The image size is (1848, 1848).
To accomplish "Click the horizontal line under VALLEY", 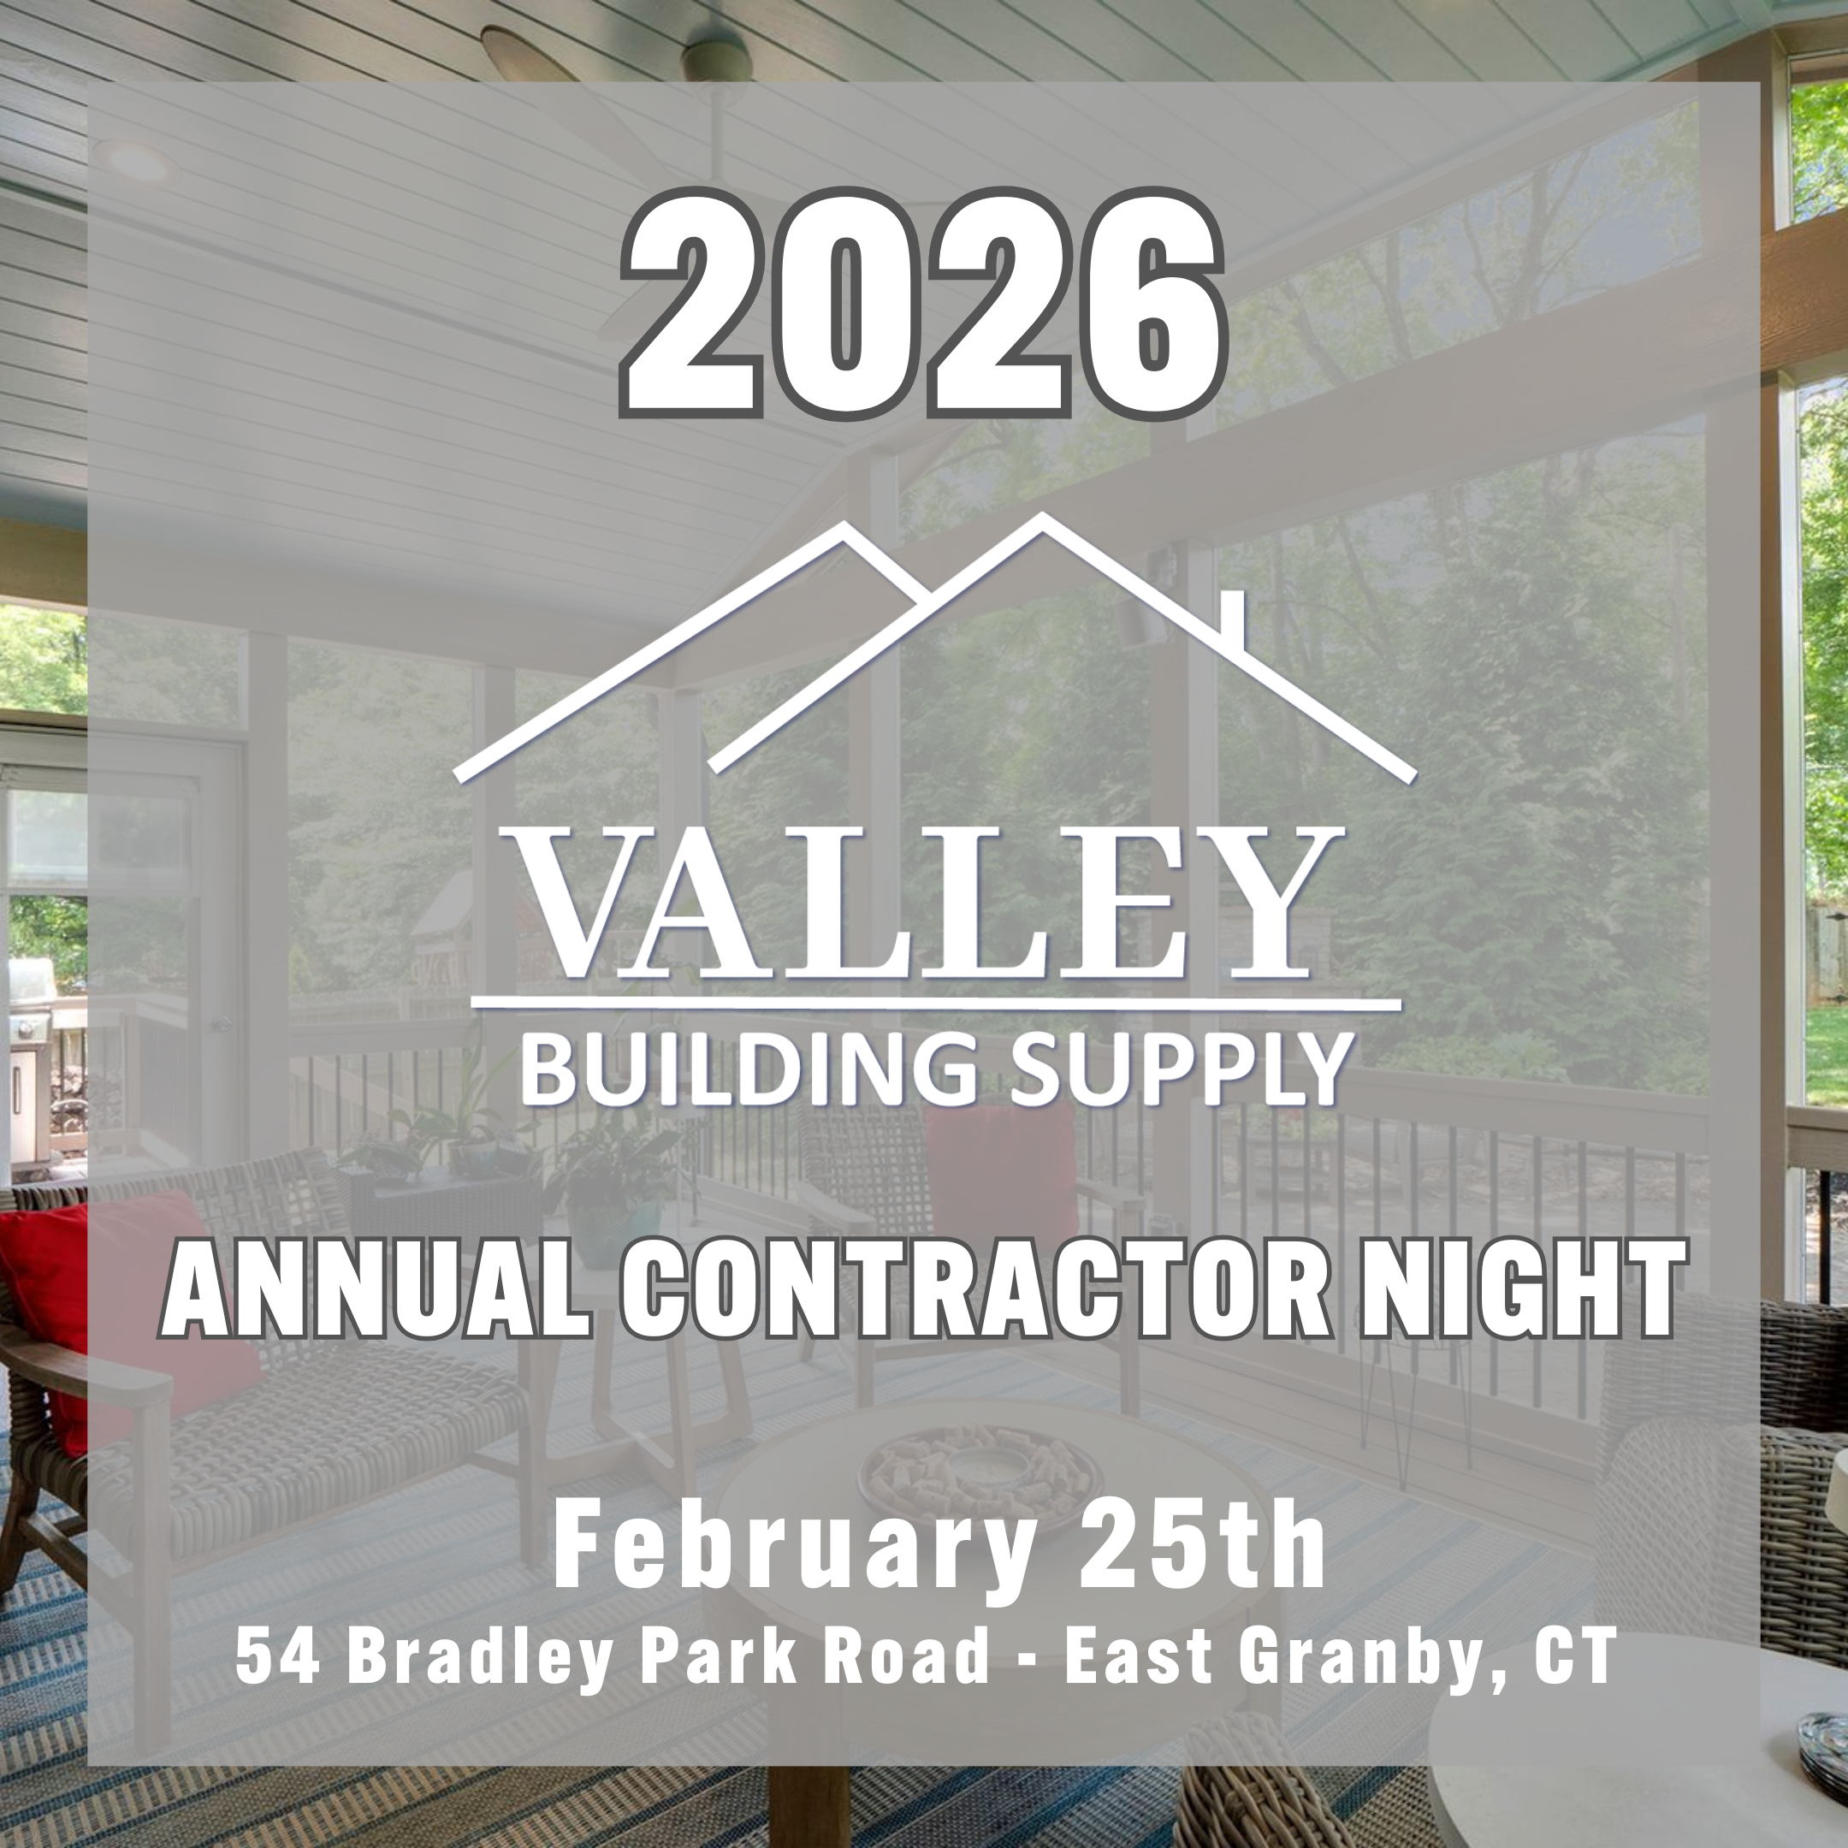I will [935, 1004].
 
